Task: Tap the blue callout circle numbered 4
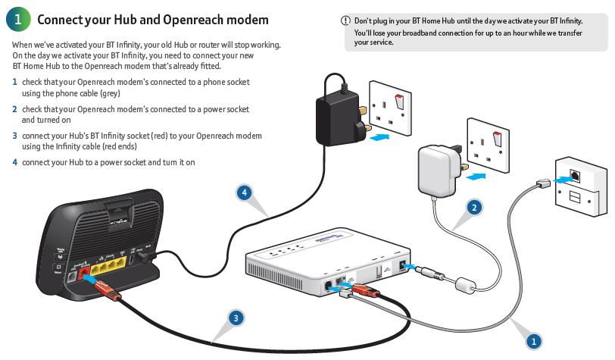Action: pyautogui.click(x=243, y=193)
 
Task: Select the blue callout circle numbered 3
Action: pyautogui.click(x=236, y=318)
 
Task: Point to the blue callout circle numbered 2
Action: pyautogui.click(x=474, y=206)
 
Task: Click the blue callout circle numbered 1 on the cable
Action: pyautogui.click(x=532, y=341)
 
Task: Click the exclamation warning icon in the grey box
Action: pyautogui.click(x=346, y=20)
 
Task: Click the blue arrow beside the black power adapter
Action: pyautogui.click(x=379, y=136)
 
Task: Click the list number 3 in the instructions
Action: pyautogui.click(x=14, y=136)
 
